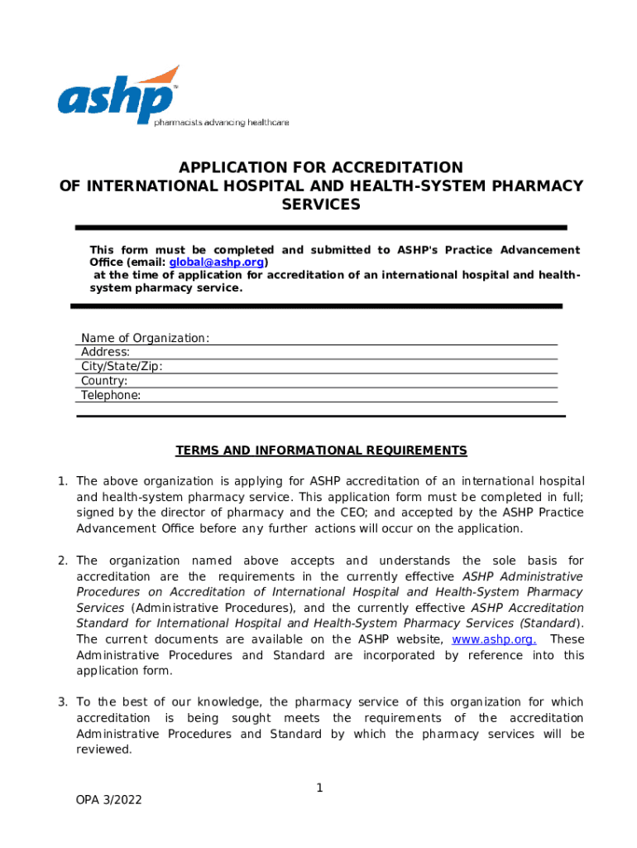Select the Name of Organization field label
coord(145,338)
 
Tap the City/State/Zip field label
coord(122,367)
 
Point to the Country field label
coord(104,381)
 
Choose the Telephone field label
coord(111,395)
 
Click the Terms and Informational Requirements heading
coord(321,450)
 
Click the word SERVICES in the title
coord(321,205)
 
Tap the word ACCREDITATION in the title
coord(392,167)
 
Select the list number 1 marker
coord(62,481)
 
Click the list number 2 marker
coord(62,561)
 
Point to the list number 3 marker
coord(62,702)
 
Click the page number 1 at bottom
coord(318,788)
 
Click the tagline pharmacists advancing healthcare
coord(222,123)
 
